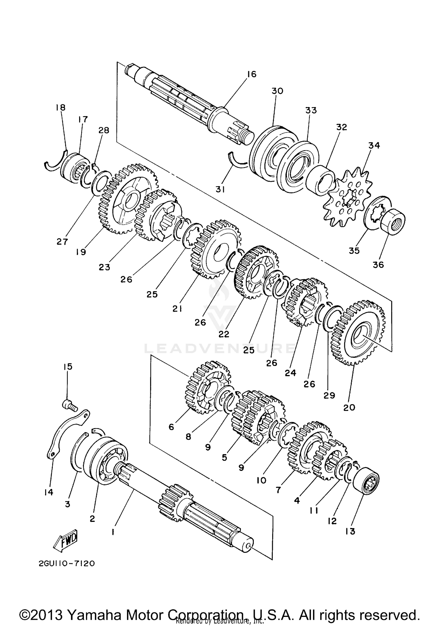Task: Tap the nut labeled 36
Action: (x=393, y=221)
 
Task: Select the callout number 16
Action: (x=252, y=74)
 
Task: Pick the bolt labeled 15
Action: (x=69, y=406)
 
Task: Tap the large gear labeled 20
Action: (x=359, y=333)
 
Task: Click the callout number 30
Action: (x=277, y=91)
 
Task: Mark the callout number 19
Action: (x=81, y=252)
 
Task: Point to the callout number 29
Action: (x=329, y=395)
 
